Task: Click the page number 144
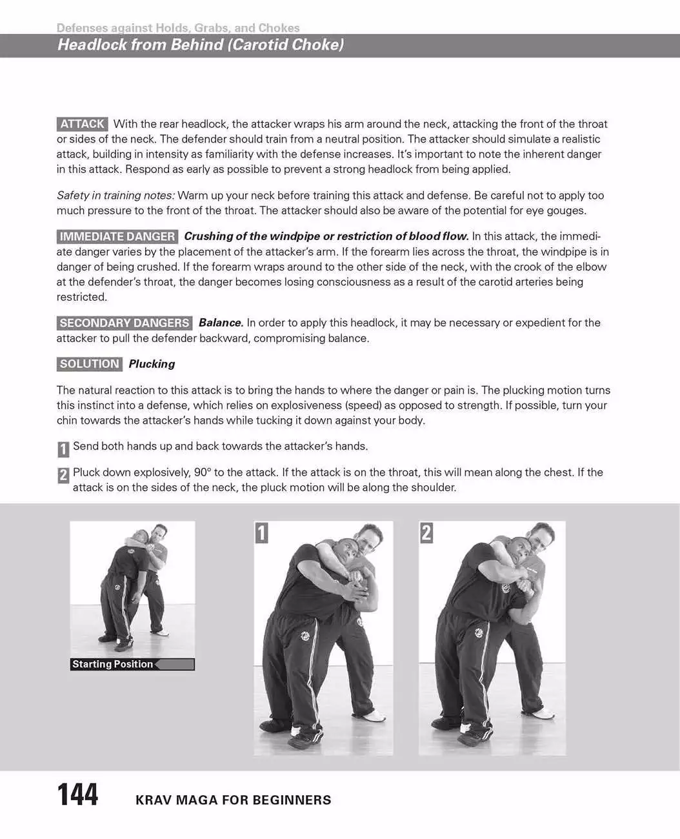coord(78,795)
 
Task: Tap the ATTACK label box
coord(83,124)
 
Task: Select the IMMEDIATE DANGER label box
coord(117,236)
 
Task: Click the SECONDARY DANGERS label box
coord(125,323)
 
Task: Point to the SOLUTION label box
coord(89,364)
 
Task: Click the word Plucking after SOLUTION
coord(152,364)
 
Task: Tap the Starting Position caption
coord(113,664)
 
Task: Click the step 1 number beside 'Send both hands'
coord(63,449)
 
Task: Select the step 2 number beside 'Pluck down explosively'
coord(63,475)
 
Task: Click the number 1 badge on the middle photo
coord(261,532)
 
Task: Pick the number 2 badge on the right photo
coord(426,532)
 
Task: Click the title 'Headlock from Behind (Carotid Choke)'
coord(201,45)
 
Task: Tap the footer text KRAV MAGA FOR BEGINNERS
coord(233,800)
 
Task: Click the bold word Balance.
coord(221,323)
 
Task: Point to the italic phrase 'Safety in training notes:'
coord(115,196)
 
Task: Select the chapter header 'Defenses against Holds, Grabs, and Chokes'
coord(178,28)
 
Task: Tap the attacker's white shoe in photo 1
coord(374,716)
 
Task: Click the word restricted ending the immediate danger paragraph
coord(81,297)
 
